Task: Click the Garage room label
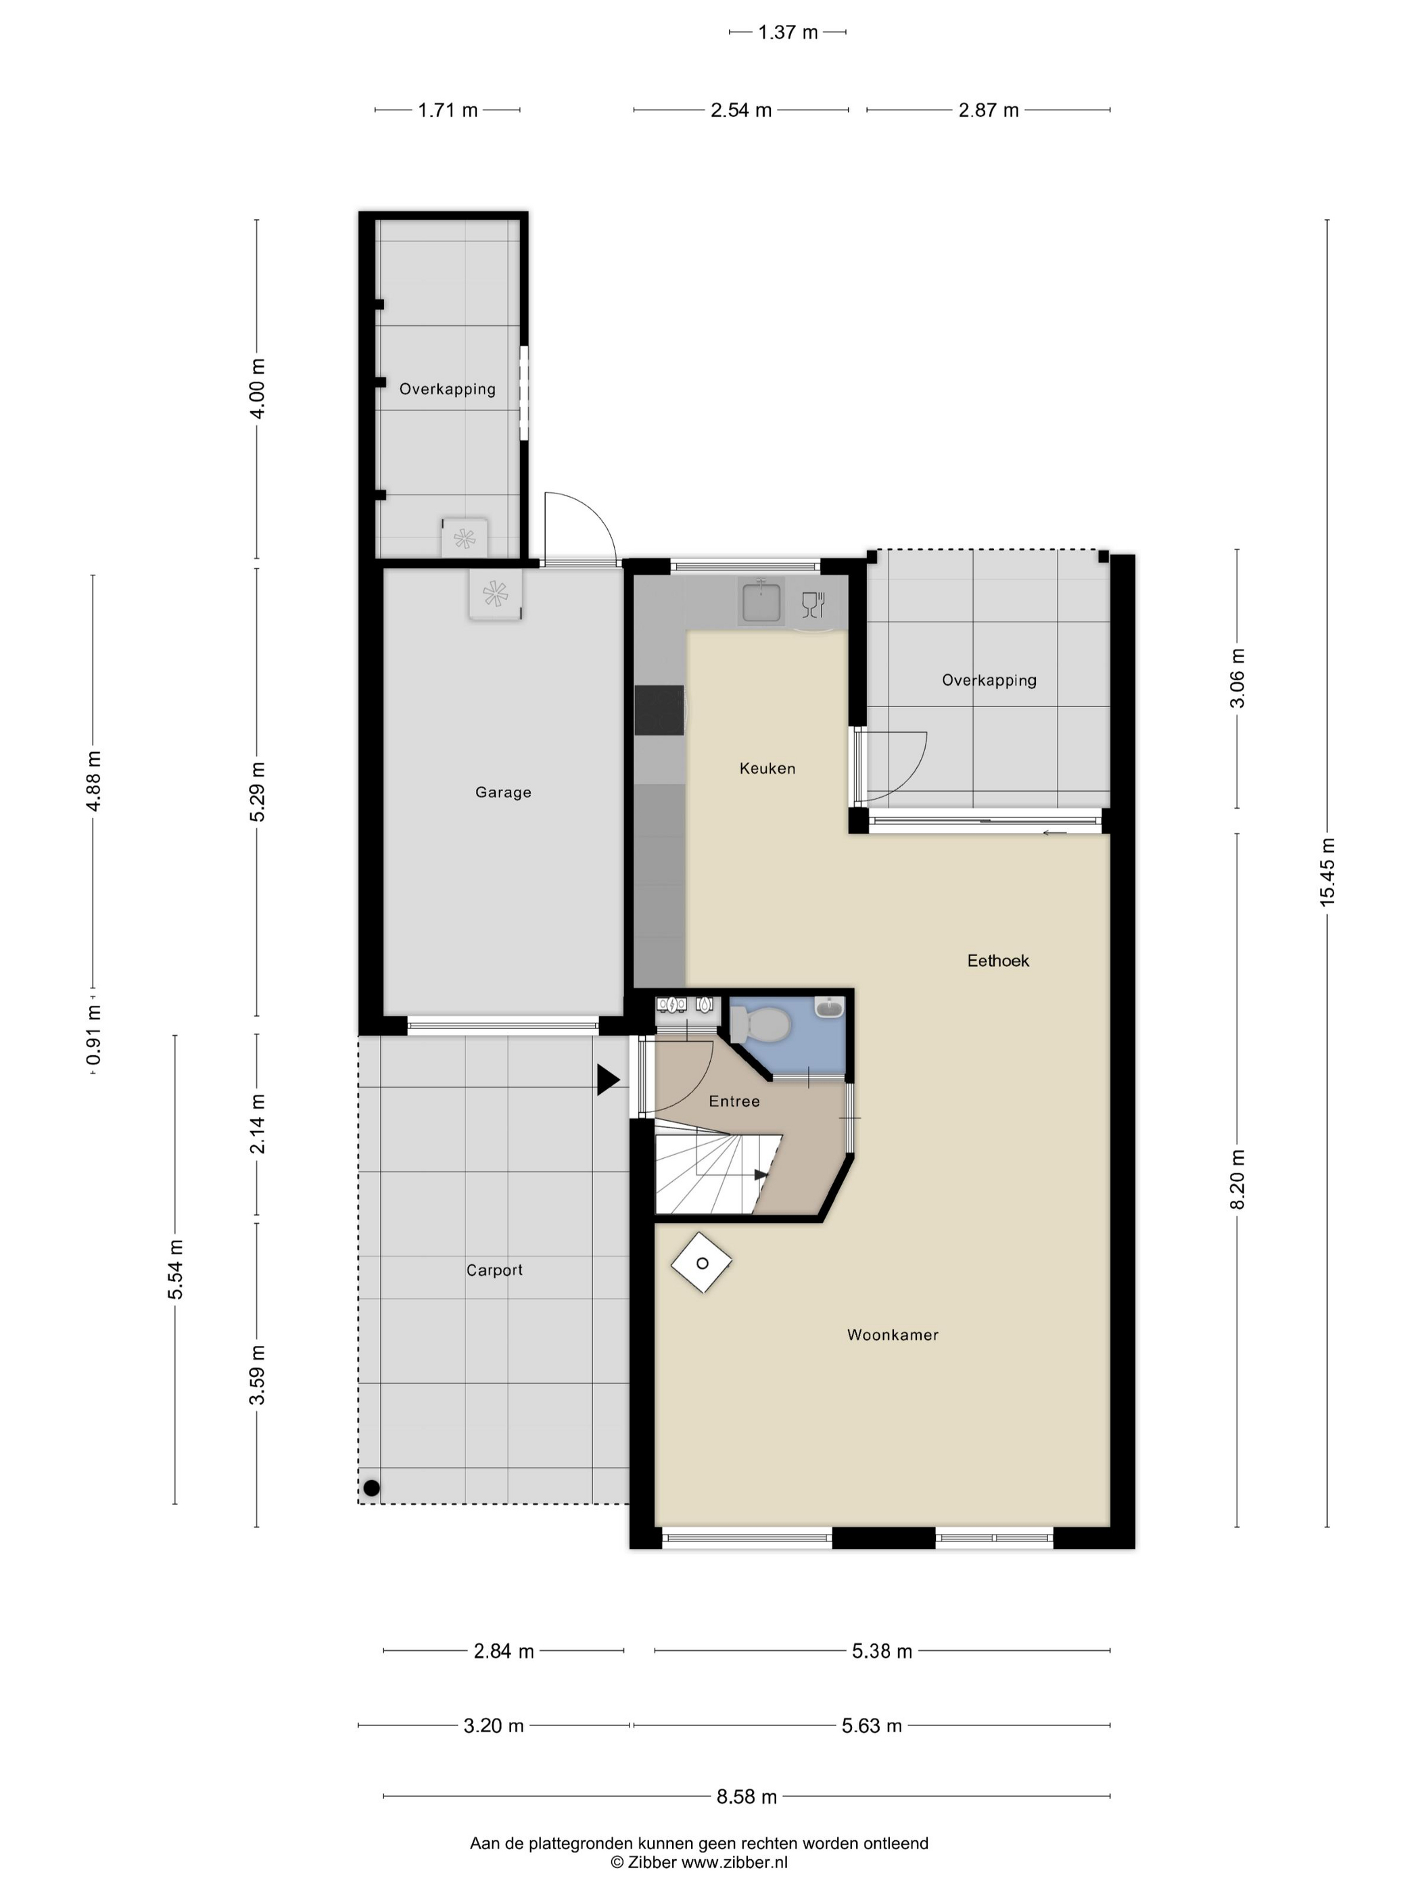tap(503, 792)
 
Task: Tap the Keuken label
tap(767, 769)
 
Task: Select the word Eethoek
tap(998, 961)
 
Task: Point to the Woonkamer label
tap(893, 1335)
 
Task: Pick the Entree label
tap(734, 1101)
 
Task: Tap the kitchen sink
tap(760, 601)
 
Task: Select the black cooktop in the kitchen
tap(659, 711)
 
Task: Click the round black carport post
tap(371, 1488)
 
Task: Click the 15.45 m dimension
tap(1327, 872)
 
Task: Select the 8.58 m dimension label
tap(747, 1796)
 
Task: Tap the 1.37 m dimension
tap(788, 32)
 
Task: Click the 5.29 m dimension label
tap(257, 792)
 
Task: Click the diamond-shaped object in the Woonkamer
tap(702, 1263)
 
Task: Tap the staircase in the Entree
tap(717, 1173)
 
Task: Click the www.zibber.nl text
tap(734, 1862)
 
